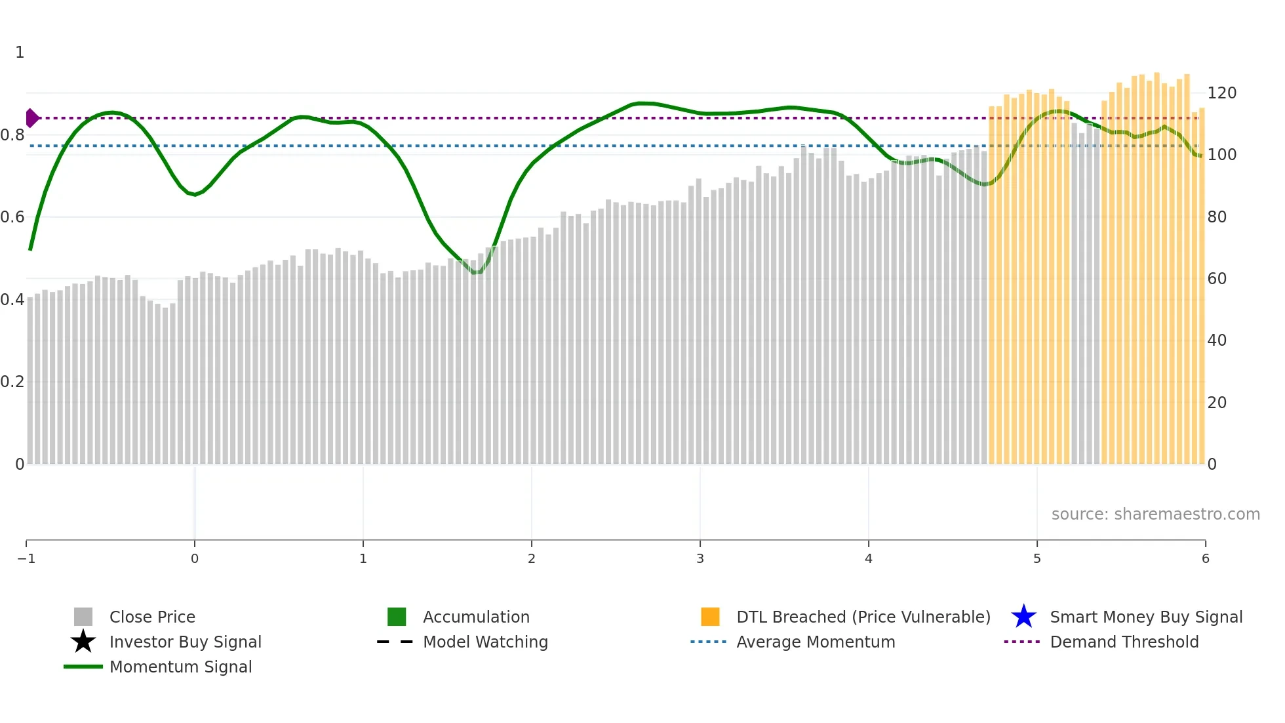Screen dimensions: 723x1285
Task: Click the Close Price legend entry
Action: pyautogui.click(x=151, y=617)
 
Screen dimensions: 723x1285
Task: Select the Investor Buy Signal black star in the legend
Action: pyautogui.click(x=83, y=642)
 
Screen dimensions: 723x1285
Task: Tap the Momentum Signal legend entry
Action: pyautogui.click(x=180, y=667)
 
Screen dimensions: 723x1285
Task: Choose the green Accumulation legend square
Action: pyautogui.click(x=397, y=617)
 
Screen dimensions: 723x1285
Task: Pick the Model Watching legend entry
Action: pyautogui.click(x=484, y=642)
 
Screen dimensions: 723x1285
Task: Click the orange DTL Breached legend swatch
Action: pyautogui.click(x=710, y=617)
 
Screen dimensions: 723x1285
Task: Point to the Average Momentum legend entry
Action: pyautogui.click(x=815, y=642)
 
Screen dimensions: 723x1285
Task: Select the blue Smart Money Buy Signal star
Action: pyautogui.click(x=1023, y=617)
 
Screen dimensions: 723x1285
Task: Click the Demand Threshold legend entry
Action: pyautogui.click(x=1124, y=642)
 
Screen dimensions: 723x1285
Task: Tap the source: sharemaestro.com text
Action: pyautogui.click(x=1155, y=514)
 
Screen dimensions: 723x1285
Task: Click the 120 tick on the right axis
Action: pyautogui.click(x=1221, y=93)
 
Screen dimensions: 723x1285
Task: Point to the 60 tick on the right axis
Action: pyautogui.click(x=1217, y=279)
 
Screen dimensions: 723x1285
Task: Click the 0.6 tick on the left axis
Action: pyautogui.click(x=12, y=217)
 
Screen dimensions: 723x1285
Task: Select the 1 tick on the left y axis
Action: pyautogui.click(x=20, y=52)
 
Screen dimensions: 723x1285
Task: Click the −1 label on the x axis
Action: pyautogui.click(x=26, y=559)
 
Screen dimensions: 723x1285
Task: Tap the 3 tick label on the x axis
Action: pyautogui.click(x=700, y=559)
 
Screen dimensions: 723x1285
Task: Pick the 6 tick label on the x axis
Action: pyautogui.click(x=1205, y=559)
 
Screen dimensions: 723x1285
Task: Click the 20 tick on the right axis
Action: pyautogui.click(x=1217, y=403)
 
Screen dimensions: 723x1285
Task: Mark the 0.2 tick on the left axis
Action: pyautogui.click(x=12, y=382)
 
